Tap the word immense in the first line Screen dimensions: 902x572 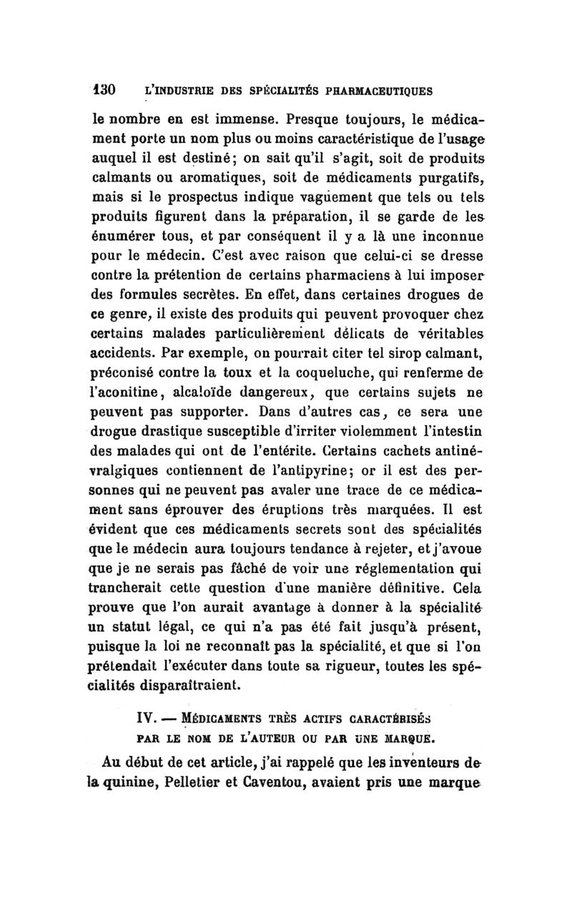(241, 114)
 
